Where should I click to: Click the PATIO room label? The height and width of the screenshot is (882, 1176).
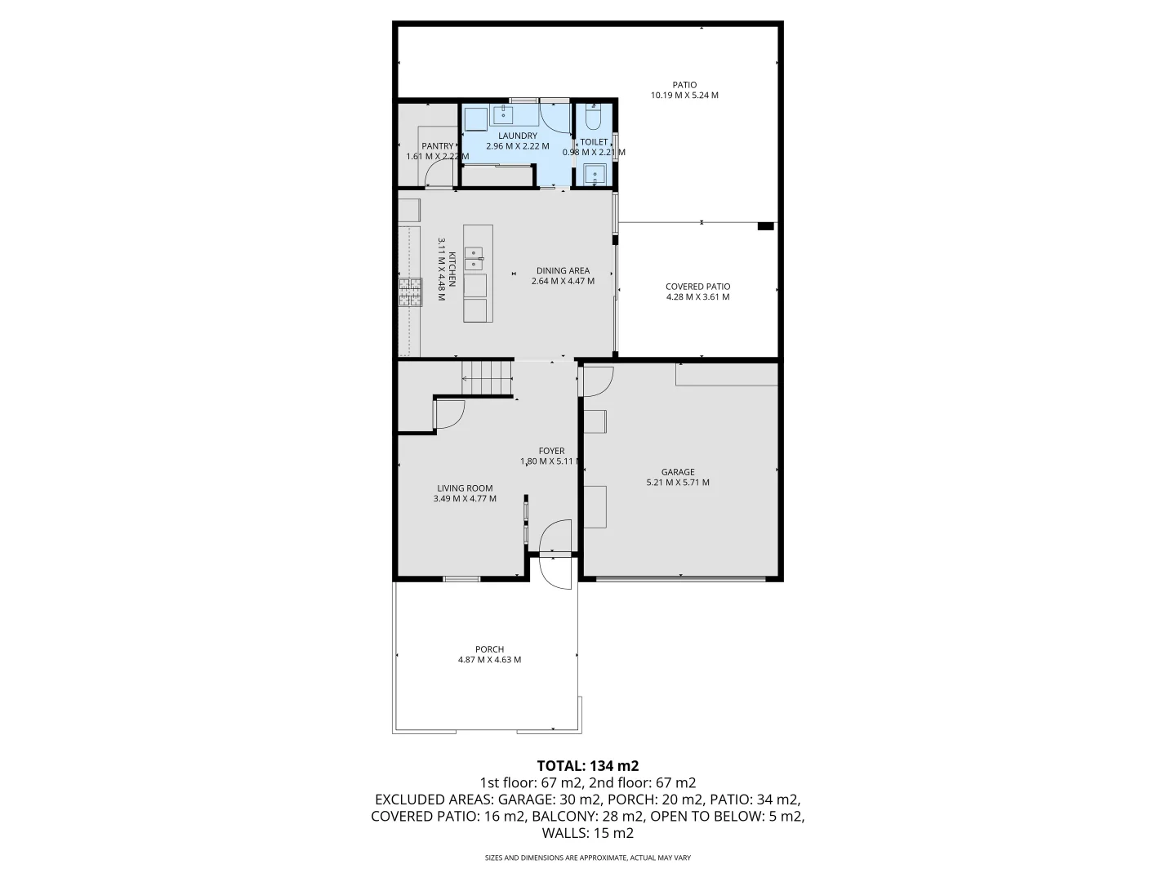684,84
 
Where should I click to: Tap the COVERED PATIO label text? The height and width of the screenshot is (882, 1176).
697,287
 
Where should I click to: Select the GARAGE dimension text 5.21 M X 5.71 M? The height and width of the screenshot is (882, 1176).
678,483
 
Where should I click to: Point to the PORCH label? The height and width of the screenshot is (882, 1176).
489,649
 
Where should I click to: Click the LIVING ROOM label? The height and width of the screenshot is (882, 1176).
465,488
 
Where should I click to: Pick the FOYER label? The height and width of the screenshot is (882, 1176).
551,451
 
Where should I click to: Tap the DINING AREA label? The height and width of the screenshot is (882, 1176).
563,271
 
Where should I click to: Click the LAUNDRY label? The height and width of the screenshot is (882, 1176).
518,136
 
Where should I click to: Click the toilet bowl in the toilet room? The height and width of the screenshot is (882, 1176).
594,119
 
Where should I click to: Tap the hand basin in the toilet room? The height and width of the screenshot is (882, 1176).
594,174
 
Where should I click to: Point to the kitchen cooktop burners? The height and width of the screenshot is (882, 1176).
410,292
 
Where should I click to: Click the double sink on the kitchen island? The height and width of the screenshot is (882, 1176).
474,259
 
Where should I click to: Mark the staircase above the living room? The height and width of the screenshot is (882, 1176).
487,380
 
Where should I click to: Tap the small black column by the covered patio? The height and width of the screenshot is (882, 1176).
765,226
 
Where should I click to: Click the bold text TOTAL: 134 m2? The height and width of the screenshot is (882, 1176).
587,766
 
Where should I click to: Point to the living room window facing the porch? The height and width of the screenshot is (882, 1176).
461,579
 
